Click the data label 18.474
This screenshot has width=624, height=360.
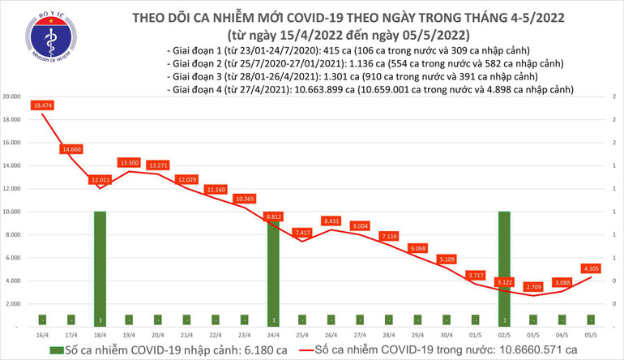[x=43, y=105]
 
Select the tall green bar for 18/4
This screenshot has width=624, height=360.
[x=99, y=268]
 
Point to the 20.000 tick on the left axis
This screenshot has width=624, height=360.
[x=11, y=96]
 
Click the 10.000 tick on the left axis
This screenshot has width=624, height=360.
[x=11, y=212]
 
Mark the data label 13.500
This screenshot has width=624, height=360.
[x=130, y=162]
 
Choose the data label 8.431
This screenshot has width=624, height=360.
[x=331, y=221]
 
